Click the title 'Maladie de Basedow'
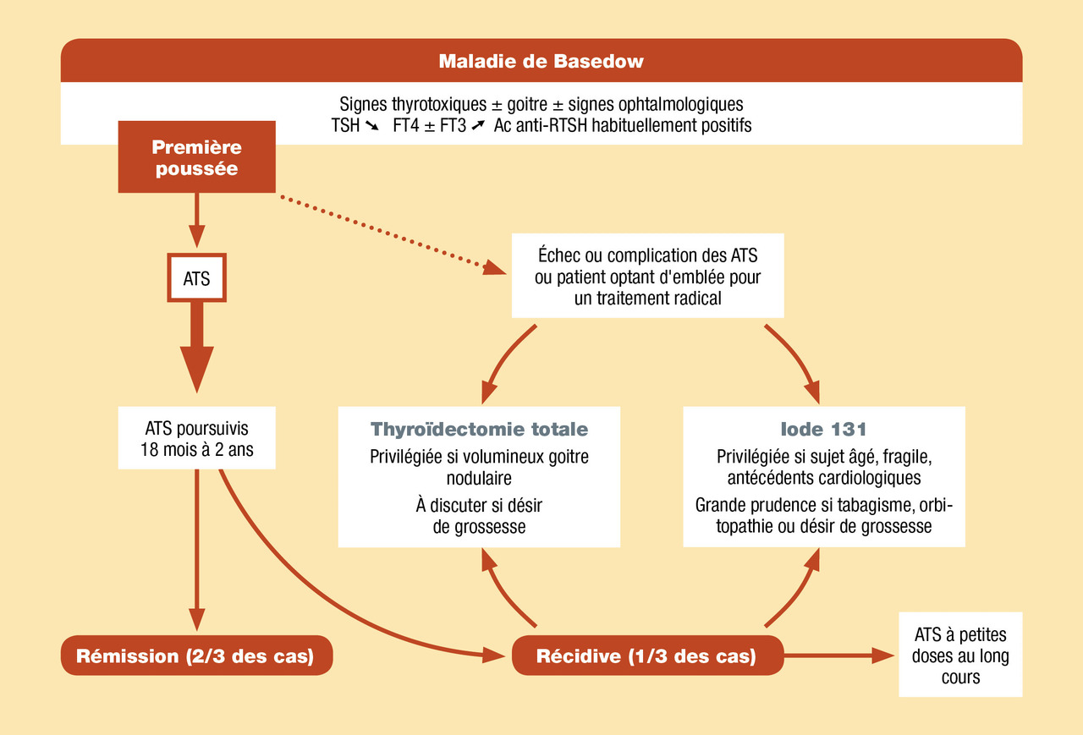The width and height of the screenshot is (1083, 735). pyautogui.click(x=541, y=62)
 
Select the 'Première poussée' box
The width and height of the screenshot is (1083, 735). pyautogui.click(x=197, y=157)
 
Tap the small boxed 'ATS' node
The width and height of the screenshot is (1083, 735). pyautogui.click(x=197, y=278)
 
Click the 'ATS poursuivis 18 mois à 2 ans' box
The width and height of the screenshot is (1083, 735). pyautogui.click(x=197, y=438)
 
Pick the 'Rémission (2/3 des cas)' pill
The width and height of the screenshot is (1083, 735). pyautogui.click(x=196, y=655)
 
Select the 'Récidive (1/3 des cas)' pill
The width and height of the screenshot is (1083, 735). pyautogui.click(x=647, y=655)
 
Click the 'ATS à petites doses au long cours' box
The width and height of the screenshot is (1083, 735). pyautogui.click(x=960, y=655)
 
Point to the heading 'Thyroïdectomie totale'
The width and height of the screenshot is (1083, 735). pyautogui.click(x=479, y=429)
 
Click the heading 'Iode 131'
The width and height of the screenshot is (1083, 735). pyautogui.click(x=823, y=429)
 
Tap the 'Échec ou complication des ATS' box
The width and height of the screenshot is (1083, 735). pyautogui.click(x=647, y=276)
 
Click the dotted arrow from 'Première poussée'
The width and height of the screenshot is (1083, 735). pyautogui.click(x=393, y=234)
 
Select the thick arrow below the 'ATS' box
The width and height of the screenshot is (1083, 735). pyautogui.click(x=197, y=347)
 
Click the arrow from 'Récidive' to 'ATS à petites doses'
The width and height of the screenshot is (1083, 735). pyautogui.click(x=838, y=655)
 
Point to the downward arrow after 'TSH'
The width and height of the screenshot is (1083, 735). pyautogui.click(x=371, y=126)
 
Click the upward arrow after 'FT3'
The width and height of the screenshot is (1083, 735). pyautogui.click(x=478, y=126)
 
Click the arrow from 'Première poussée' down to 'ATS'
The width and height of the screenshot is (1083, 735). pyautogui.click(x=197, y=221)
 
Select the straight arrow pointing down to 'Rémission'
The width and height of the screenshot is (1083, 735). pyautogui.click(x=197, y=550)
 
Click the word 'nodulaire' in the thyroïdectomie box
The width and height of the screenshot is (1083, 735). pyautogui.click(x=479, y=478)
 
